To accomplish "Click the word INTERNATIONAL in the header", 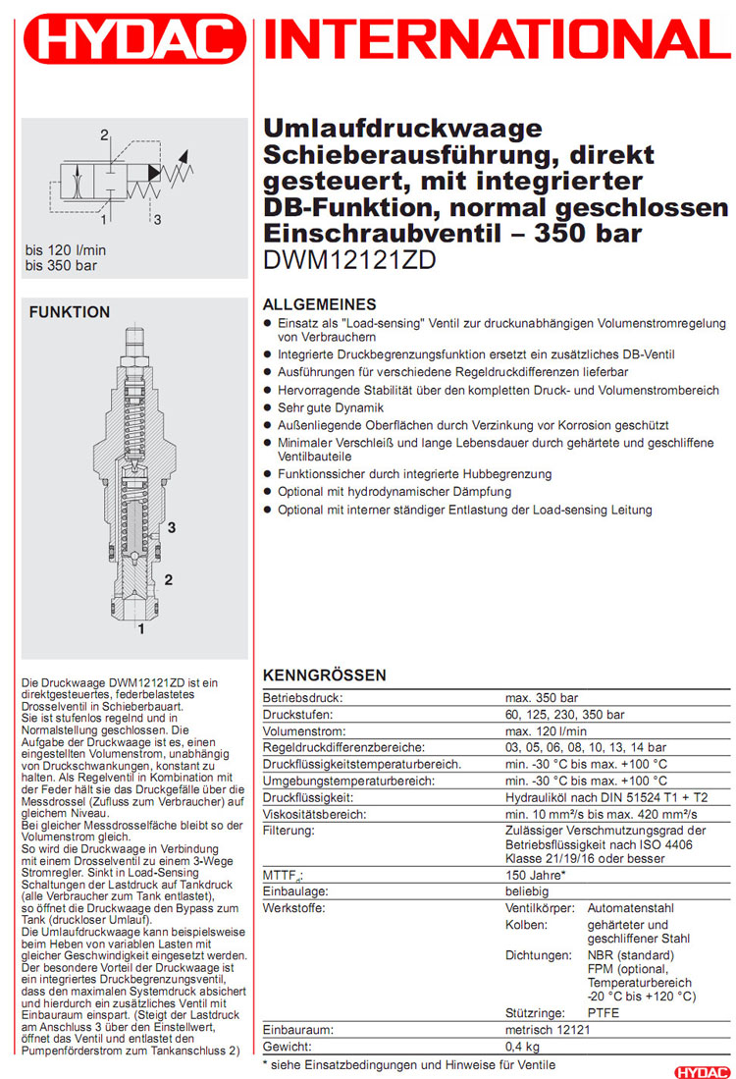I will click(x=499, y=42).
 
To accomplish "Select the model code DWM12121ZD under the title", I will click(x=350, y=260).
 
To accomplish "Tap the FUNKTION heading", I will click(x=70, y=312).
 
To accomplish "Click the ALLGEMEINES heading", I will click(x=320, y=304).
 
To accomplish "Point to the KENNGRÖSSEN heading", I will click(x=325, y=675).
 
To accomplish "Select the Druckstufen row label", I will click(x=298, y=714).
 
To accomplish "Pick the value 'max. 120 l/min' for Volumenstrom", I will click(x=547, y=730).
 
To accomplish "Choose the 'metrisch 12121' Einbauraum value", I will click(x=547, y=1029).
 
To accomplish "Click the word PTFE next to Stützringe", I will click(x=604, y=1012).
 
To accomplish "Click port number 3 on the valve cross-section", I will click(x=171, y=527).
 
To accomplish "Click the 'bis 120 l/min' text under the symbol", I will click(x=67, y=250).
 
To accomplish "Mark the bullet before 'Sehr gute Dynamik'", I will click(x=269, y=407).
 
